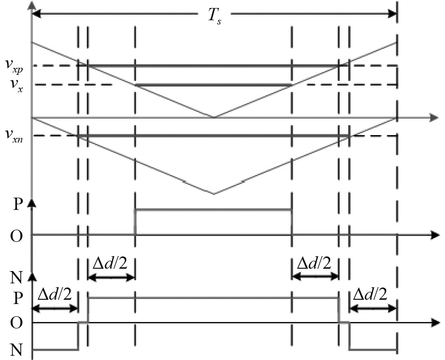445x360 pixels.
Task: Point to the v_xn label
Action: (15, 136)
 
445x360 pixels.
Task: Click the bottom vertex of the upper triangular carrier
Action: (214, 117)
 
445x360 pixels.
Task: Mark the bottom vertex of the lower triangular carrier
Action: (214, 194)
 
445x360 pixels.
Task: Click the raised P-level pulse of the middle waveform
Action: (213, 209)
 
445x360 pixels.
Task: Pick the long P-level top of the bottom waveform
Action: (213, 298)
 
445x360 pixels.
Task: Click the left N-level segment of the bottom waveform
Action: (55, 350)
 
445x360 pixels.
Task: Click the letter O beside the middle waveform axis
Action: (16, 234)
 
